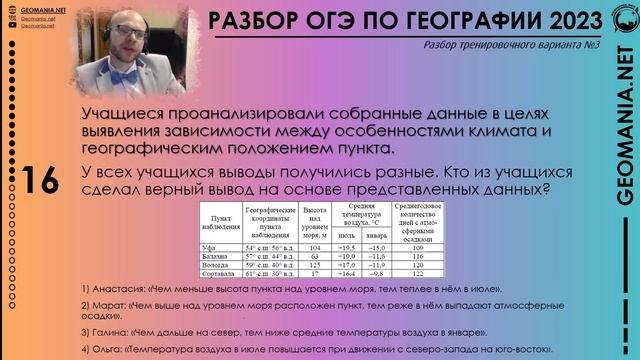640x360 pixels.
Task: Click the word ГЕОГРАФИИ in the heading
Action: click(x=439, y=20)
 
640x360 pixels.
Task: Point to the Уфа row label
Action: click(x=209, y=245)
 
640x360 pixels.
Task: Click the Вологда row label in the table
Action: click(x=216, y=263)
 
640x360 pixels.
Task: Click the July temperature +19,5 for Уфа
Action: click(x=352, y=245)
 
